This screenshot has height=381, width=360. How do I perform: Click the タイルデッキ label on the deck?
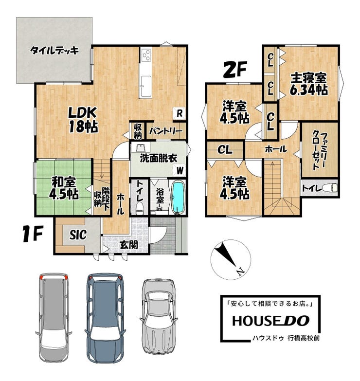[54, 51]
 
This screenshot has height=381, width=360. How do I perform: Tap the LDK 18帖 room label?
[83, 120]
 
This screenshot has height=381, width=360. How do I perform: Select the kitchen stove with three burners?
[146, 56]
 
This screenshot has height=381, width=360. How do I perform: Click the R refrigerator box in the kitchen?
[180, 113]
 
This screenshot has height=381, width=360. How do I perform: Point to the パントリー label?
[166, 131]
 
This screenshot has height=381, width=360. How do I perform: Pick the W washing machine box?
[180, 170]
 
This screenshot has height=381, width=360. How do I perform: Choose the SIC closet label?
[78, 235]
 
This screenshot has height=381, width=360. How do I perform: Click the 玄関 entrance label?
[129, 245]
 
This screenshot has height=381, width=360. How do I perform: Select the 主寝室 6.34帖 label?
[309, 84]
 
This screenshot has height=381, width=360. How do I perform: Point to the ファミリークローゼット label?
[319, 150]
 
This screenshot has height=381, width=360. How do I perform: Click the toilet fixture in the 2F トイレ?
[330, 187]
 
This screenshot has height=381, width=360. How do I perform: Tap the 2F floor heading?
[234, 70]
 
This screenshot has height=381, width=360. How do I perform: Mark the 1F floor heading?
[33, 234]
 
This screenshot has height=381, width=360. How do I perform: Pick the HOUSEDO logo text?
[270, 321]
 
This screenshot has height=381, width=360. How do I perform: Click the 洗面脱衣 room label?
[159, 159]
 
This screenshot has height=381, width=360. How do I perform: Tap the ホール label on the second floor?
[276, 149]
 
